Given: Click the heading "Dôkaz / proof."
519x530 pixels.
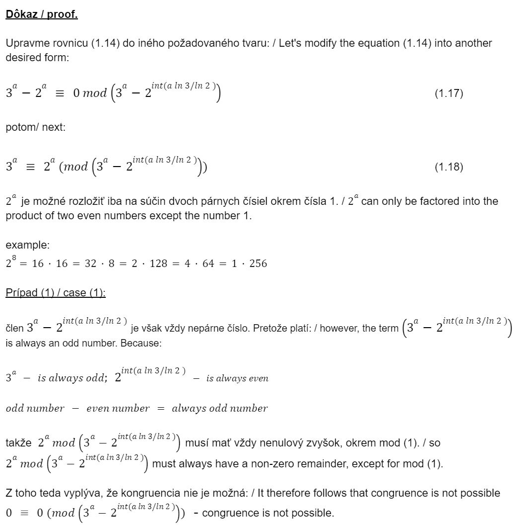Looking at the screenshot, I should pos(42,14).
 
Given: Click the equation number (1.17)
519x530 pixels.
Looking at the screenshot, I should pos(448,93).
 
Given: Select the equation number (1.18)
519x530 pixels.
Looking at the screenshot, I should pos(448,167).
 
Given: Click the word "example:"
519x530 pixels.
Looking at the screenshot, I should pos(27,245).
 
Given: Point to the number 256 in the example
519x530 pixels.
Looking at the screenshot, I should pos(258,264).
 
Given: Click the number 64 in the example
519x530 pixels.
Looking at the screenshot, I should pos(208,264).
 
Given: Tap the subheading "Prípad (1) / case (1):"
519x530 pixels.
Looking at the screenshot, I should pos(56,293).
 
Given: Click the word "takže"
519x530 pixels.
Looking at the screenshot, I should pos(18,442).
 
